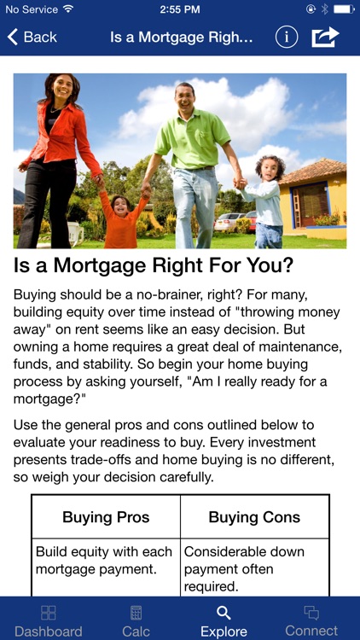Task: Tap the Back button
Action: (x=32, y=38)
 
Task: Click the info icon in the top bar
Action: (x=287, y=38)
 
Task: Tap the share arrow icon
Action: (x=325, y=38)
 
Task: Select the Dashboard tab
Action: (x=48, y=620)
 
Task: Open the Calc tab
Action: (x=136, y=620)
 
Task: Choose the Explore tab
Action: (x=224, y=620)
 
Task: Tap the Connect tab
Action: (x=311, y=620)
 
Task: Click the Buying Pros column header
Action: (x=106, y=517)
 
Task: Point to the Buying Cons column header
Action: (x=254, y=517)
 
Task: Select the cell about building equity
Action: (x=104, y=561)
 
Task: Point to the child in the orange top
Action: (x=122, y=218)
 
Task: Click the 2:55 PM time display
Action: (x=179, y=9)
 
